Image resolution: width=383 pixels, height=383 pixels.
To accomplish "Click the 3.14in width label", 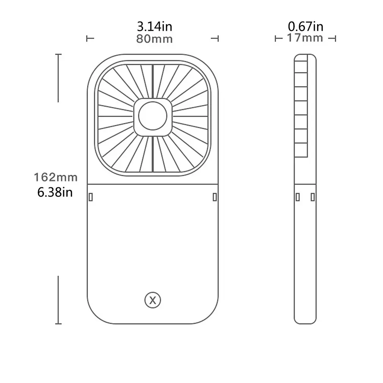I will [x=154, y=27].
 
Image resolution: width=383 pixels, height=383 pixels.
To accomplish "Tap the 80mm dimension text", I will [x=154, y=39].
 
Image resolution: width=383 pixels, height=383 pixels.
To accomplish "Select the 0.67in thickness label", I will [x=305, y=26].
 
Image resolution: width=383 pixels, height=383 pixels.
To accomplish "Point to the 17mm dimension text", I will [x=305, y=38].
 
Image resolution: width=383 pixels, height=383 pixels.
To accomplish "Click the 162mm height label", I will [x=55, y=177].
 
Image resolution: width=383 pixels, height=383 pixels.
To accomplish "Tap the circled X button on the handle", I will [x=153, y=301].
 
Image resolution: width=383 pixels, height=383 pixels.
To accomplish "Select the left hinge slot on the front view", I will [x=91, y=197].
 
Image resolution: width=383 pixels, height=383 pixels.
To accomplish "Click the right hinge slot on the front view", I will [x=215, y=197].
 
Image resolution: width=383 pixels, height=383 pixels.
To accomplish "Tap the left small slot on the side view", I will [x=298, y=197].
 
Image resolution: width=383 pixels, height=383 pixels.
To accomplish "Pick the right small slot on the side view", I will [x=312, y=197].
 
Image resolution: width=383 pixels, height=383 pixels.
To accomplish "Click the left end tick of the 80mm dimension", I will [x=88, y=38].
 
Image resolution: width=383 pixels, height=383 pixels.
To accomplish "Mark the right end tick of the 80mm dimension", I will [x=218, y=38].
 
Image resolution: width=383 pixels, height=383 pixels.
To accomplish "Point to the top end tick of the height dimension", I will [x=58, y=55].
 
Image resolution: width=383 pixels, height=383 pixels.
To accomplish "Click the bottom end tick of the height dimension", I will [x=58, y=323].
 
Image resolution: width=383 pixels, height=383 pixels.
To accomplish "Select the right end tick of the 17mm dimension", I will [x=335, y=38].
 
